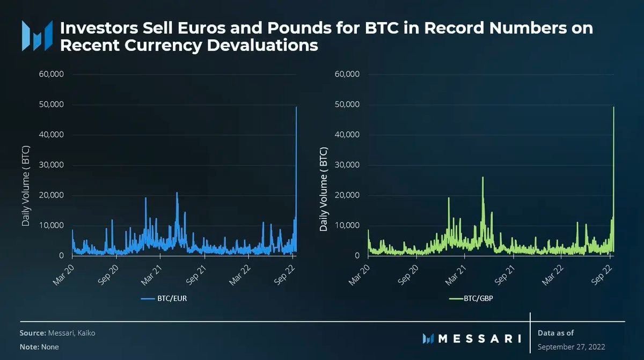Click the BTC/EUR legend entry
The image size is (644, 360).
pyautogui.click(x=164, y=298)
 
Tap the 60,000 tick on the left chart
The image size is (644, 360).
pyautogui.click(x=52, y=74)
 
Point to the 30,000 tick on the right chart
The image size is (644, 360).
pyautogui.click(x=348, y=165)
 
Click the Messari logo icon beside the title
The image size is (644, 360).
pyautogui.click(x=37, y=36)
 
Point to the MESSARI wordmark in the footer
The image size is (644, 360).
pyautogui.click(x=479, y=339)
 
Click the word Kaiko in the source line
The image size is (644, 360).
pyautogui.click(x=86, y=333)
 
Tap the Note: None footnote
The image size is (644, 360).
pyautogui.click(x=39, y=347)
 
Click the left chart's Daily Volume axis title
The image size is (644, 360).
pyautogui.click(x=26, y=186)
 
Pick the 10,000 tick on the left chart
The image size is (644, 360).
pyautogui.click(x=52, y=225)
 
